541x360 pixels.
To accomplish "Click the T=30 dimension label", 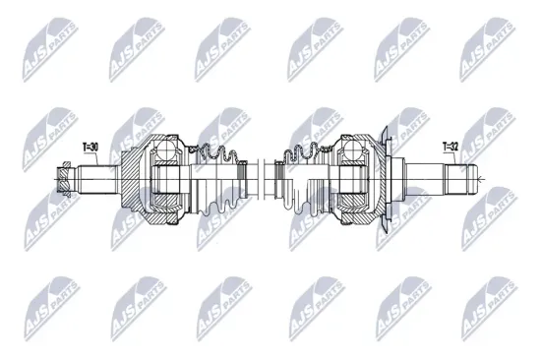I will pos(90,148).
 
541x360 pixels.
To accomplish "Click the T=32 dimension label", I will pos(451,148).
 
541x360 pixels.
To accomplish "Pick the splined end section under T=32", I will pos(459,179).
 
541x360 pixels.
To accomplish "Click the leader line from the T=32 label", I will pos(452,160).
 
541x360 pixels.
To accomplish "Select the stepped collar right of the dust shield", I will pos(407,179).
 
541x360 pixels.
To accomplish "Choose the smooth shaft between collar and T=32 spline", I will pos(428,179).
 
